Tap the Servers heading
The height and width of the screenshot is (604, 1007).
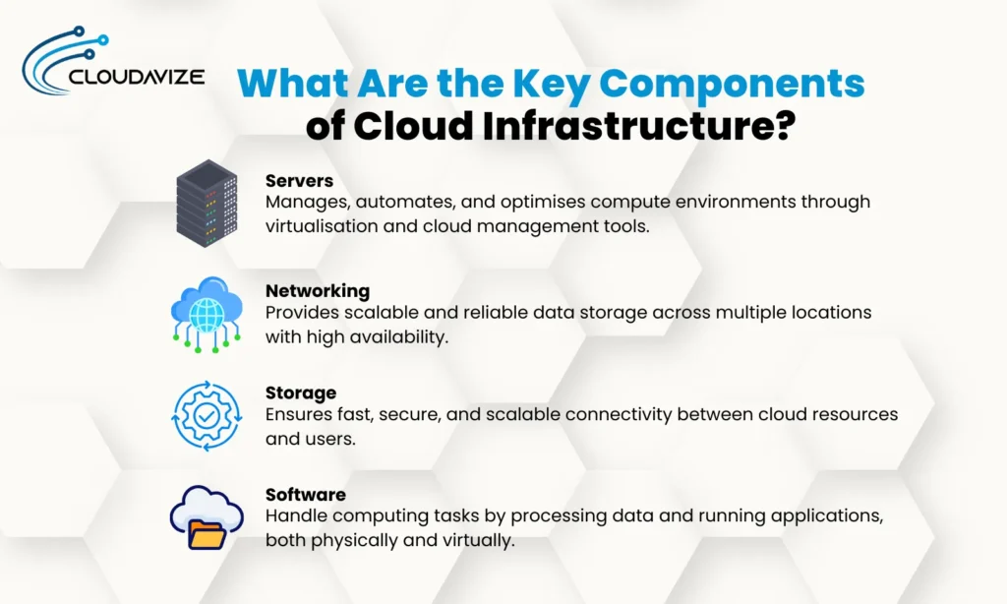pos(299,181)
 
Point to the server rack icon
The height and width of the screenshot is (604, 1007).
pos(207,203)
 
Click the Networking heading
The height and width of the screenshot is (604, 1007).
pos(317,290)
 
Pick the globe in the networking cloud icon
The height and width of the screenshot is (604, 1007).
pos(207,306)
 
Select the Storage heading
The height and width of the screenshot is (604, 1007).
pos(301,393)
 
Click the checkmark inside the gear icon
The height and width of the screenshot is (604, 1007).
pos(207,416)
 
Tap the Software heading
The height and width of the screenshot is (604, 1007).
pos(306,494)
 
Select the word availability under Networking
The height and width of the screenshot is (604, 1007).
pos(393,335)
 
